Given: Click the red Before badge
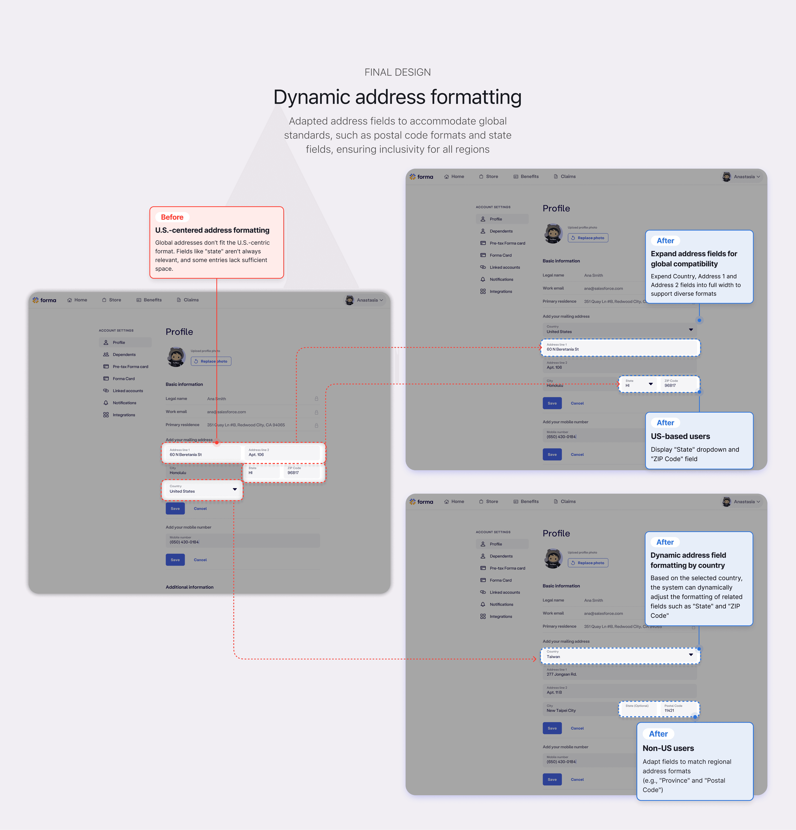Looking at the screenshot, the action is [x=172, y=217].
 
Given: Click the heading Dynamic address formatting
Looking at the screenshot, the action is [x=397, y=97].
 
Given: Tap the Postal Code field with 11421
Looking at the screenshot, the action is [x=678, y=708].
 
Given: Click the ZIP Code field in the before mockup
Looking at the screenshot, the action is [x=302, y=471].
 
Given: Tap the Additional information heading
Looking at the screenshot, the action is [x=189, y=587].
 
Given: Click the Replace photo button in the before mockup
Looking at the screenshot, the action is [x=211, y=361].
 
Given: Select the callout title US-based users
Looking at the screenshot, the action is [x=680, y=436].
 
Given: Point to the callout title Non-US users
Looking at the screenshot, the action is [x=668, y=748].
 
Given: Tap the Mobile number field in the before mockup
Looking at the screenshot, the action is [x=242, y=540].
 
